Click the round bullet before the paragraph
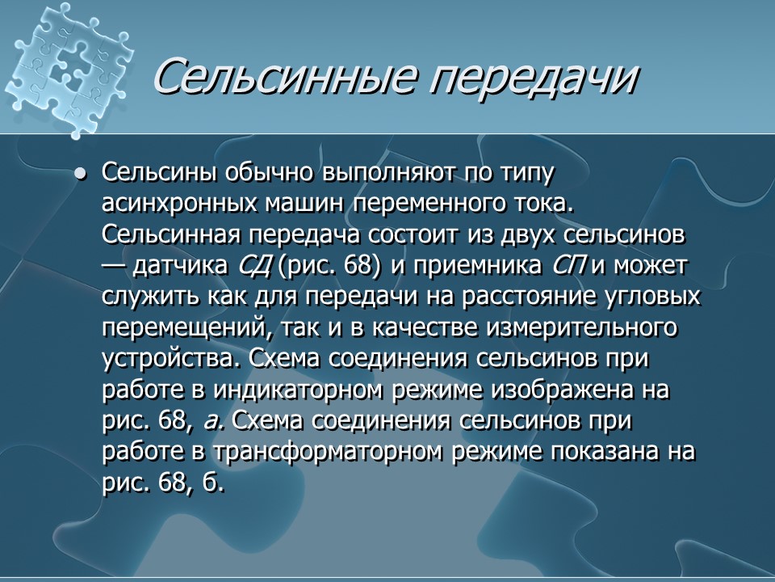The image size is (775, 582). click(x=79, y=175)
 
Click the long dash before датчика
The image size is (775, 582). click(x=115, y=266)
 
